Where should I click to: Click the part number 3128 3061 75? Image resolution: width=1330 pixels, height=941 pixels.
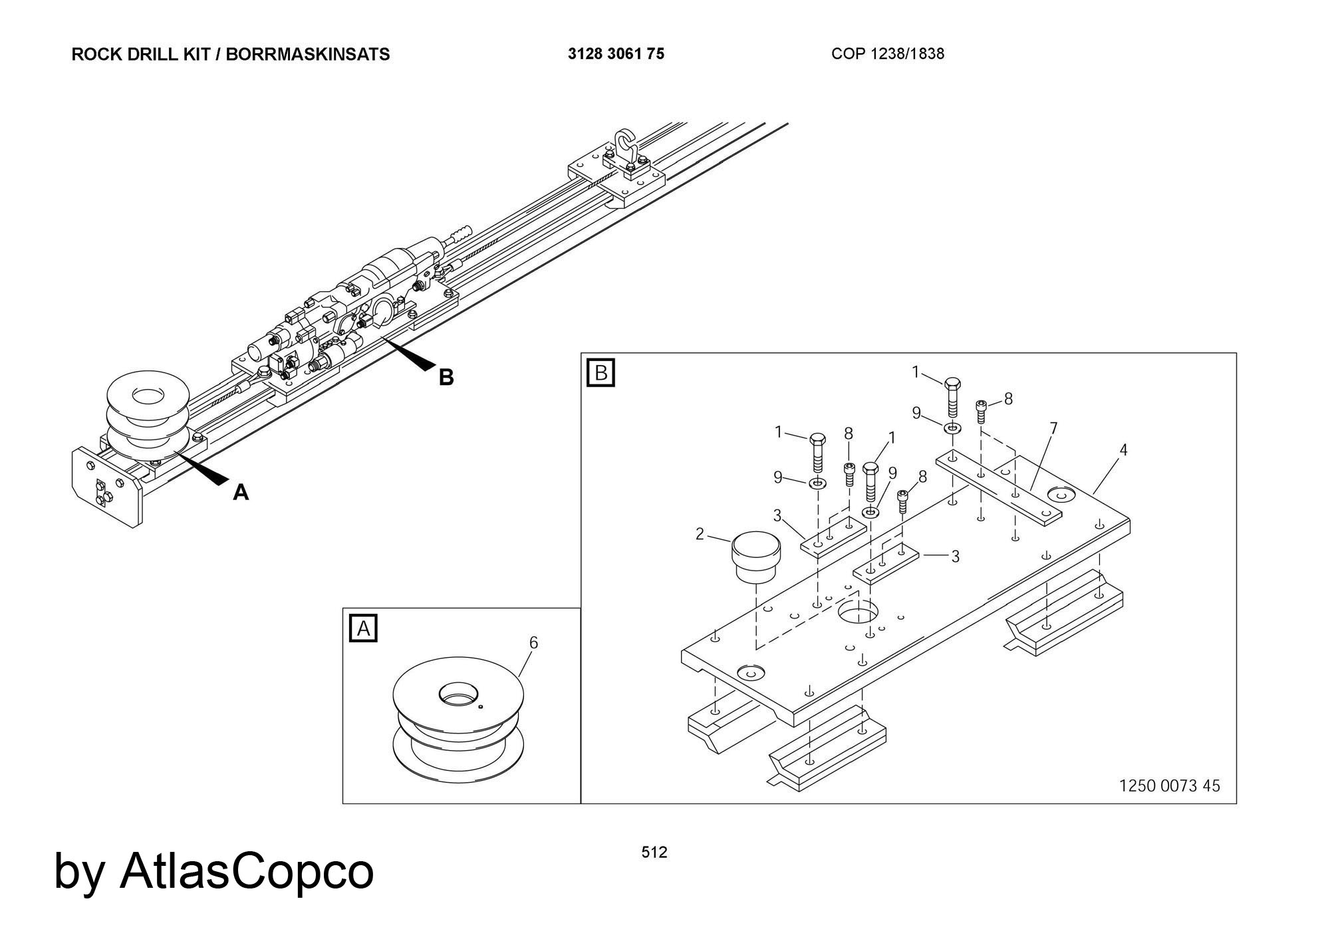(616, 54)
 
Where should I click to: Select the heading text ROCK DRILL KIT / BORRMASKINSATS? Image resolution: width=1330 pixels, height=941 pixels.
(230, 54)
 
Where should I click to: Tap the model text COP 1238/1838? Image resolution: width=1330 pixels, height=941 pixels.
(887, 54)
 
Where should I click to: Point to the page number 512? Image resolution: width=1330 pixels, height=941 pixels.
(654, 853)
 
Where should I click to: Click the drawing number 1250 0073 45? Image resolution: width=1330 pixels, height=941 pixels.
(1169, 786)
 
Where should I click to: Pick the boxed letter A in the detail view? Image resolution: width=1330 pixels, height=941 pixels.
(363, 628)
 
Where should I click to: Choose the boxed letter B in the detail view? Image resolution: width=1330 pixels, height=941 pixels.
(601, 372)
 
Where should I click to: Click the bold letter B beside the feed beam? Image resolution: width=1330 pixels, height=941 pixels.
(446, 378)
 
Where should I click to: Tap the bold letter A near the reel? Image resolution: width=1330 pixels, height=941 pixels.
(241, 493)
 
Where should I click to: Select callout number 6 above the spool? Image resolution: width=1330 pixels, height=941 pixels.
(533, 642)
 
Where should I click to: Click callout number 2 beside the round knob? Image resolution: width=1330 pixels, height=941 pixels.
(700, 534)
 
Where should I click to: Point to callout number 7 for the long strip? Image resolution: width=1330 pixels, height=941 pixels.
(1053, 428)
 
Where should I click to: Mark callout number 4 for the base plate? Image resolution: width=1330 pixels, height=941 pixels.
(1123, 450)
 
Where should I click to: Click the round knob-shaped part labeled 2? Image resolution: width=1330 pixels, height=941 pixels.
(755, 556)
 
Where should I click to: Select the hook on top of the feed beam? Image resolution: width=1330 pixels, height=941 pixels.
(624, 143)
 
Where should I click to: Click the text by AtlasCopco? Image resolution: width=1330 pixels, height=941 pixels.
(213, 871)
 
